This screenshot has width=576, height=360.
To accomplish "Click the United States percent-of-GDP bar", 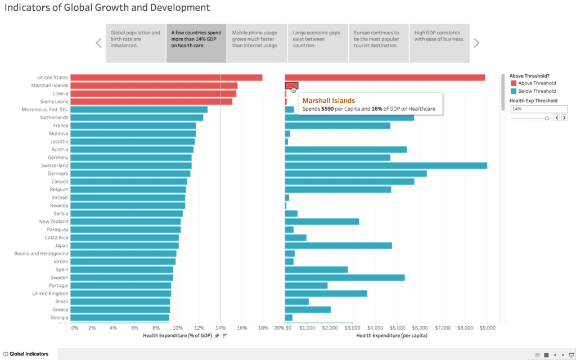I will pyautogui.click(x=166, y=78).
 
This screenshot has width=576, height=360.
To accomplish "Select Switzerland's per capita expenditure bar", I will pyautogui.click(x=386, y=165).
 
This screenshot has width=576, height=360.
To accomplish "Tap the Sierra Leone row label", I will pyautogui.click(x=52, y=101).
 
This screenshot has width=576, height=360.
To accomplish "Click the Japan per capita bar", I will pyautogui.click(x=338, y=245).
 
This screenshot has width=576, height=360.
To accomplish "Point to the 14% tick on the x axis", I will pyautogui.click(x=220, y=327).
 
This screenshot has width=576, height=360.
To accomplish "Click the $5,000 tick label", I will pyautogui.click(x=397, y=327).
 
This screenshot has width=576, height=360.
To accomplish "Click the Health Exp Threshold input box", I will pyautogui.click(x=538, y=109).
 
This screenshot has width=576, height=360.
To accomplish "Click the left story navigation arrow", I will pyautogui.click(x=98, y=43).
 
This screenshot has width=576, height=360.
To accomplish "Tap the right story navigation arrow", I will pyautogui.click(x=476, y=43).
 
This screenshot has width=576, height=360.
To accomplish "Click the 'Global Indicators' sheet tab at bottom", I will pyautogui.click(x=28, y=354).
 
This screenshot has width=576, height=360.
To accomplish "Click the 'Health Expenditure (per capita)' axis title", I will pyautogui.click(x=391, y=335).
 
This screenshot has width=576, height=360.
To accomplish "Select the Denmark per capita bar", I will pyautogui.click(x=355, y=173).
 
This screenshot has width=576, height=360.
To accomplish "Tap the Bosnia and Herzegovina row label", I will pyautogui.click(x=41, y=254).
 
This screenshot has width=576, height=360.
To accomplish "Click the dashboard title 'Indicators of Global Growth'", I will pyautogui.click(x=107, y=8).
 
